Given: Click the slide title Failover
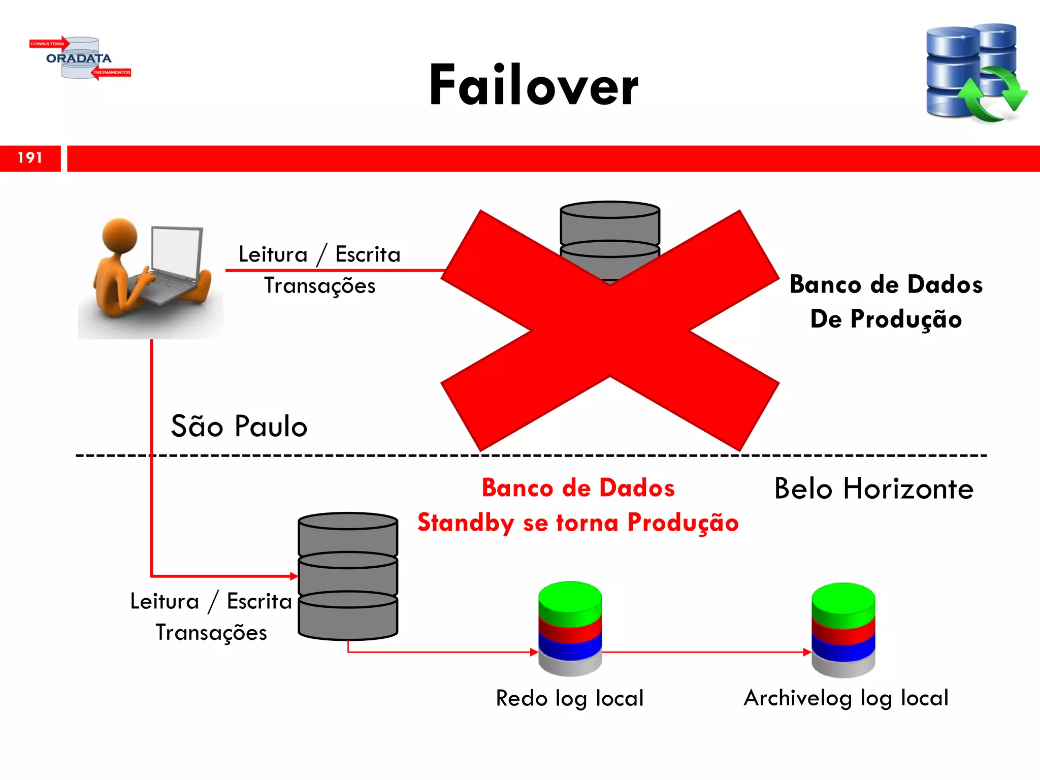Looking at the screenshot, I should [x=533, y=85].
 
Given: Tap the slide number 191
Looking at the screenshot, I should [x=30, y=158].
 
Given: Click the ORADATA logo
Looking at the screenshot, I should [x=80, y=58].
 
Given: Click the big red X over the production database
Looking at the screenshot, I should [x=609, y=330].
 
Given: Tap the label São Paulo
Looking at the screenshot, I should [x=239, y=426].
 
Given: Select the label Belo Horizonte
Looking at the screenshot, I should [x=873, y=489].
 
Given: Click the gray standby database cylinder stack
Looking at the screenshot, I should [x=348, y=576].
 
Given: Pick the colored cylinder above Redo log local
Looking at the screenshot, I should [x=570, y=629].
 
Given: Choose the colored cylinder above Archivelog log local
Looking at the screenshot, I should [x=843, y=630].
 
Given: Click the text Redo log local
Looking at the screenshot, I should [x=570, y=698].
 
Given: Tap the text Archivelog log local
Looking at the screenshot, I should [x=846, y=698].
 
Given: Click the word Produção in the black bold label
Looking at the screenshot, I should [x=906, y=319].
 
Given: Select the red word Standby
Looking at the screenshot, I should [x=466, y=523].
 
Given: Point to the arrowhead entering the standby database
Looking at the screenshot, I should [x=294, y=576].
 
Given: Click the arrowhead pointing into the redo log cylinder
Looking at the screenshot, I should [x=534, y=652].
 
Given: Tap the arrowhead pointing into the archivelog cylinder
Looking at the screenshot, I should [x=807, y=652].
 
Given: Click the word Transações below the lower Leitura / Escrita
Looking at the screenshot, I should [x=211, y=633].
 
